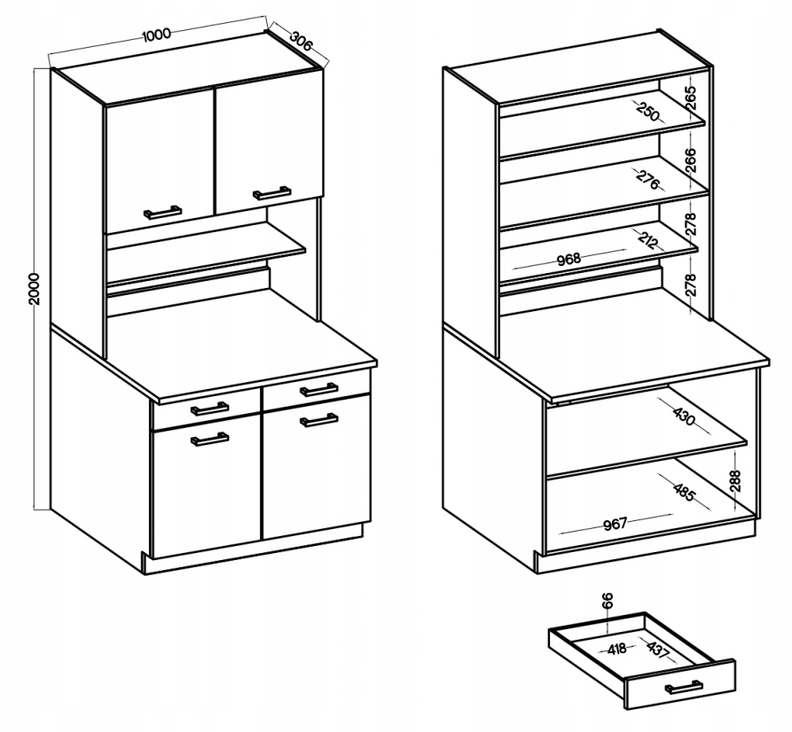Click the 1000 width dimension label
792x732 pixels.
coord(157,35)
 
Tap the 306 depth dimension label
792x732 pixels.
coord(302,41)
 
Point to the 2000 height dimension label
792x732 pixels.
coord(34,288)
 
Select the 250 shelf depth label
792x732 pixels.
coord(648,112)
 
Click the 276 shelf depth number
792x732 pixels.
coord(648,179)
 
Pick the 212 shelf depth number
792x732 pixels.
coord(648,240)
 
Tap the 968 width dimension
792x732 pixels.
coord(569,260)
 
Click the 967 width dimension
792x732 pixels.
coord(616,524)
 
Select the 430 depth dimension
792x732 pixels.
coord(685,417)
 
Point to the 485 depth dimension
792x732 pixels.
coord(685,492)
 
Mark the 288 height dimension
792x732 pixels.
coord(735,480)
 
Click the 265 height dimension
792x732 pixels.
coord(691,97)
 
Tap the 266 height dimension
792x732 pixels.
coord(691,160)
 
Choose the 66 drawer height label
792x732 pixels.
coord(608,600)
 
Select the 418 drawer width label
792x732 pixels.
coord(616,649)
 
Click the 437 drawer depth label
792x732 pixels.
coord(657,649)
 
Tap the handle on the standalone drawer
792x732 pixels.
coord(684,687)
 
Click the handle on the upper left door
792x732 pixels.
coord(162,213)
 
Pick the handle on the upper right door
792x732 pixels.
coord(271,193)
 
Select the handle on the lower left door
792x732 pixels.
coord(209,440)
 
